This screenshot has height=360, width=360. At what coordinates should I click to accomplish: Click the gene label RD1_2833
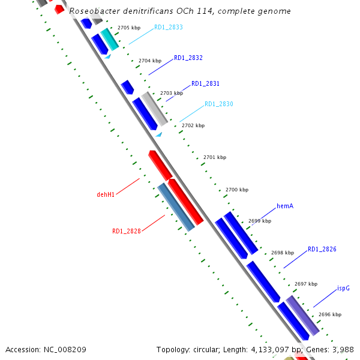(168, 28)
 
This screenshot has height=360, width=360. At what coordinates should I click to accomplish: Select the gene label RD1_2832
(188, 58)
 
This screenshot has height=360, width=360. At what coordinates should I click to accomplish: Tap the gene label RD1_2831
(205, 84)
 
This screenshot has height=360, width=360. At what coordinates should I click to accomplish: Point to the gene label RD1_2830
(218, 104)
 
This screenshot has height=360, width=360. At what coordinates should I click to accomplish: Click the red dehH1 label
(106, 194)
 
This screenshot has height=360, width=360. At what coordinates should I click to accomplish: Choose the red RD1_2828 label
(126, 231)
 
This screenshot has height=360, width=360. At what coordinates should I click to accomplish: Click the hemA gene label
(284, 206)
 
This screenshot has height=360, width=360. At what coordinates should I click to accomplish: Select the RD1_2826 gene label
(322, 250)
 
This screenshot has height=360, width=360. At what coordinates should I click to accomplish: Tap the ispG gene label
(343, 288)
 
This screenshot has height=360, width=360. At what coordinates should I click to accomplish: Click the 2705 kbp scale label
(129, 28)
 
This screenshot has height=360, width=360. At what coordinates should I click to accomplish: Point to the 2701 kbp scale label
(215, 157)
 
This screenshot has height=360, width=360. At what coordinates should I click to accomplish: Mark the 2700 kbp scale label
(236, 190)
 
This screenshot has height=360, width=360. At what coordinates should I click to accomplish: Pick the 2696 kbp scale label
(330, 314)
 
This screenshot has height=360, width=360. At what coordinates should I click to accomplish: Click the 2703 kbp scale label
(171, 94)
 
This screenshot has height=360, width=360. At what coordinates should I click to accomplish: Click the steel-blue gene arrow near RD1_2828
(176, 208)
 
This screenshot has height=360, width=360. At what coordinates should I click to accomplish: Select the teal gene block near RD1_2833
(109, 40)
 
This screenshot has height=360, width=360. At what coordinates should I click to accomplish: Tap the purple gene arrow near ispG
(302, 316)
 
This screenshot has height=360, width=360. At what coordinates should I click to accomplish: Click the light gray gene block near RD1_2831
(154, 108)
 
